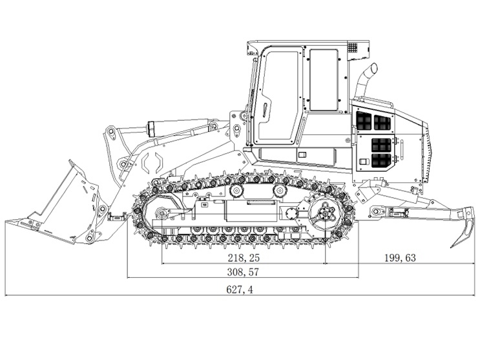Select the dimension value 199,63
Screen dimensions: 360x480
pos(400,257)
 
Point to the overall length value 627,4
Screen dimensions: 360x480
pos(239,290)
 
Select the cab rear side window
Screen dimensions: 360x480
pos(323,79)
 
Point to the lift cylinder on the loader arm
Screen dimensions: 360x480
pos(181,127)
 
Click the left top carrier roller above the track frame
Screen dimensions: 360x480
pos(235,191)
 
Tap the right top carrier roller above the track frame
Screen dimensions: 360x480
pos(280,191)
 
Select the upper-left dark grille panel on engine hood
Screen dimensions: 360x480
pos(364,121)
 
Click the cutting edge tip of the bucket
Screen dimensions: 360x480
pos(8,223)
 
